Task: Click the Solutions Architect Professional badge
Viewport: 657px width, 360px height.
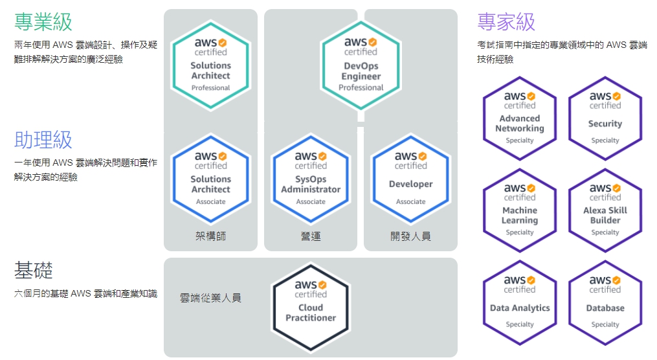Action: pyautogui.click(x=210, y=65)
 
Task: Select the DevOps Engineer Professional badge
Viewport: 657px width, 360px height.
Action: pyautogui.click(x=361, y=65)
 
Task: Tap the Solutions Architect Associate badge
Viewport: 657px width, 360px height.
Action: pyautogui.click(x=210, y=179)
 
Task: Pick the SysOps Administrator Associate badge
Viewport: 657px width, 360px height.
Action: pyautogui.click(x=311, y=179)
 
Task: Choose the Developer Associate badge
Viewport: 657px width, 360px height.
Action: pyautogui.click(x=410, y=179)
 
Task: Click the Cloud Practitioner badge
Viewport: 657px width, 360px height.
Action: pyautogui.click(x=311, y=307)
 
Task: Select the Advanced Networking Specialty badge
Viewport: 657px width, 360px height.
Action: pyautogui.click(x=520, y=118)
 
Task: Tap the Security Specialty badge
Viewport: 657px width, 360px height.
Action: pyautogui.click(x=605, y=118)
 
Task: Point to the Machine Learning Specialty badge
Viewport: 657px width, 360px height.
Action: pyautogui.click(x=520, y=210)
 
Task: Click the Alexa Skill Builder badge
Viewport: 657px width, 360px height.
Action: pyautogui.click(x=605, y=210)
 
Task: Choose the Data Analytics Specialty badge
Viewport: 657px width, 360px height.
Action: pyautogui.click(x=520, y=302)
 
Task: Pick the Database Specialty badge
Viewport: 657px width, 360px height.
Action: pyautogui.click(x=605, y=302)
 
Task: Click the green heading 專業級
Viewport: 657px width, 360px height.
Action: pyautogui.click(x=43, y=22)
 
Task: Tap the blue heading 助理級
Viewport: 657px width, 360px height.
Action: pyautogui.click(x=43, y=140)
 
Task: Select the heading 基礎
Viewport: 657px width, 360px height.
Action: pyautogui.click(x=34, y=270)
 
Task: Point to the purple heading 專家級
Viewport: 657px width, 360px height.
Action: pyautogui.click(x=506, y=22)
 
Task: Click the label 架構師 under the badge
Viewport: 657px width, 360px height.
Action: pyautogui.click(x=210, y=236)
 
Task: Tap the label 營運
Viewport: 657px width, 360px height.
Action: pyautogui.click(x=311, y=236)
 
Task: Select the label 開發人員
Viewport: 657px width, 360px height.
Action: pyautogui.click(x=410, y=236)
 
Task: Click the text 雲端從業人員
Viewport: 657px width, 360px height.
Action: pyautogui.click(x=210, y=298)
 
